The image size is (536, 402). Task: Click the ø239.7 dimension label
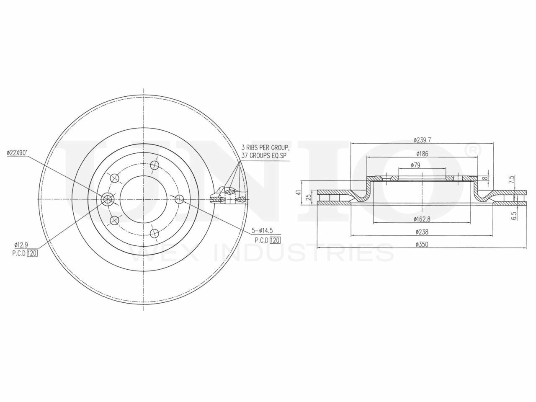(422, 140)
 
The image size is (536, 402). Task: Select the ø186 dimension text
(422, 154)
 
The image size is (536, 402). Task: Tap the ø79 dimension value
(415, 165)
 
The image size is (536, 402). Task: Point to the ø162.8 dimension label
(422, 219)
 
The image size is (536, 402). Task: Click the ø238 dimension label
(422, 232)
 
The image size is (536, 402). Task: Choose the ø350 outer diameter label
(422, 244)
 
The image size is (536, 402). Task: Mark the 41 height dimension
(298, 193)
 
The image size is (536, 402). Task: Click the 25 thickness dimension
(309, 197)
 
